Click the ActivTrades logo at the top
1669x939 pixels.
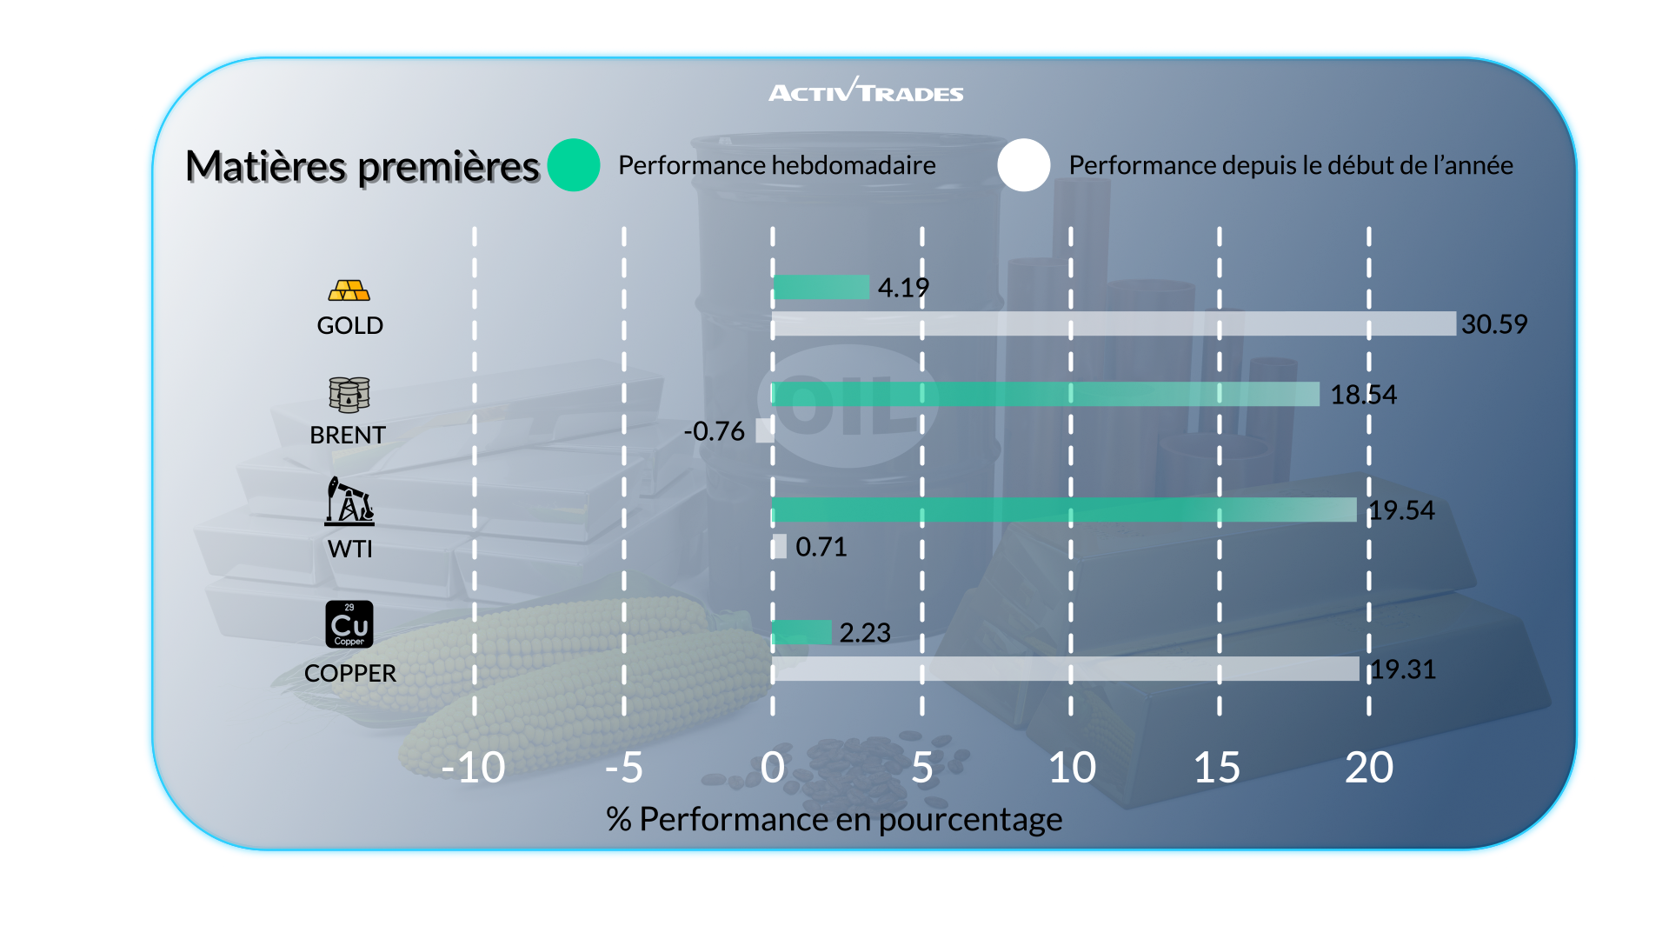click(x=866, y=90)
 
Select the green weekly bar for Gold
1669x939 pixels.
click(x=821, y=287)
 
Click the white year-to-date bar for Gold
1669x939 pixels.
click(x=1114, y=323)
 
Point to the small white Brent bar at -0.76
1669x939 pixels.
click(x=764, y=430)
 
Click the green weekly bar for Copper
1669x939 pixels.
click(x=801, y=632)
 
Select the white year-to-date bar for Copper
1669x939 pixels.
click(x=1066, y=669)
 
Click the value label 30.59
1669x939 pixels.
click(x=1493, y=324)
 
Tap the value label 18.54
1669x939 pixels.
click(x=1363, y=395)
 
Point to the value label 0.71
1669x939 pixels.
click(x=821, y=547)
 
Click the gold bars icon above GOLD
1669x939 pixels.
click(x=349, y=290)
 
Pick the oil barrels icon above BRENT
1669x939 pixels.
click(x=349, y=395)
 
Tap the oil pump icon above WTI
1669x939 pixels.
click(x=349, y=502)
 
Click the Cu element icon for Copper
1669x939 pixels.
click(x=349, y=624)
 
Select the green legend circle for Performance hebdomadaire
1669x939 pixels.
click(x=574, y=165)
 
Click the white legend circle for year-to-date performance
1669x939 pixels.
click(x=1024, y=165)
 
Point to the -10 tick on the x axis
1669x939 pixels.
click(x=473, y=768)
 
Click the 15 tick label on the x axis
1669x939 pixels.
click(x=1217, y=768)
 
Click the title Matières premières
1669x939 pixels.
click(x=362, y=166)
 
